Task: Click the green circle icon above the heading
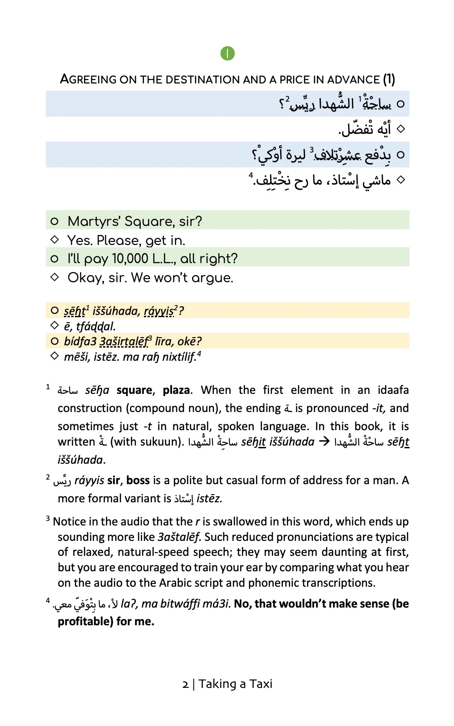pos(227,54)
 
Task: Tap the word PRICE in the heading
pos(295,80)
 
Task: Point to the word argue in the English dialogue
pos(212,278)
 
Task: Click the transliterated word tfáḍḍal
pos(96,326)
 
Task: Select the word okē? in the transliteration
pos(190,341)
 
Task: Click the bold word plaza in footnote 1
pos(176,390)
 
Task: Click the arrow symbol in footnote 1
pos(324,441)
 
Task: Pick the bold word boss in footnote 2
pos(138,481)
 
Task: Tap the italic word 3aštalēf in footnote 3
pos(179,537)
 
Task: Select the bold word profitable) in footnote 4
pos(85,622)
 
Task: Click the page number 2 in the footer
pos(185,684)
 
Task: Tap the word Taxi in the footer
pos(261,684)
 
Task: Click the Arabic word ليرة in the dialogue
pos(295,155)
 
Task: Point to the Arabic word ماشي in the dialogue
pos(376,181)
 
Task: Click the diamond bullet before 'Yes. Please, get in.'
pos(55,239)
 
